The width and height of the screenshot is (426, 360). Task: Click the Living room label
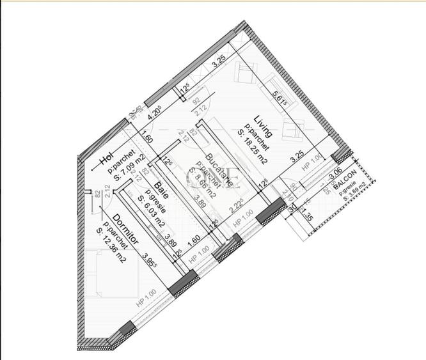pos(263,127)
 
